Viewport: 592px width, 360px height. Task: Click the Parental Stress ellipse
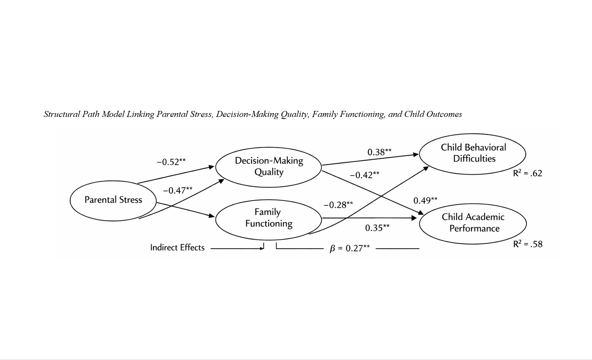pyautogui.click(x=113, y=200)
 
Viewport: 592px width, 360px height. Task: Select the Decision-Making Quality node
pyautogui.click(x=269, y=167)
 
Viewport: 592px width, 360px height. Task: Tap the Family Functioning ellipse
pyautogui.click(x=269, y=218)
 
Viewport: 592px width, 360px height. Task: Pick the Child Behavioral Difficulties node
pyautogui.click(x=472, y=154)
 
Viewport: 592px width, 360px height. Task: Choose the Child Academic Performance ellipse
pyautogui.click(x=473, y=223)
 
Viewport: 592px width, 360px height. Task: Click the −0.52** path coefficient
pyautogui.click(x=171, y=162)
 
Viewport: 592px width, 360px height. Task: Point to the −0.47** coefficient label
pyautogui.click(x=178, y=191)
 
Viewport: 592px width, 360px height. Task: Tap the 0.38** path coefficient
pyautogui.click(x=380, y=152)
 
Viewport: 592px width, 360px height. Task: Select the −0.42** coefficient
pyautogui.click(x=364, y=175)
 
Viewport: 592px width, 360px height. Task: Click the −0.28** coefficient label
pyautogui.click(x=338, y=205)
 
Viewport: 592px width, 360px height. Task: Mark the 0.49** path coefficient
pyautogui.click(x=425, y=201)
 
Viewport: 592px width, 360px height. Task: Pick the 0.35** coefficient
pyautogui.click(x=377, y=228)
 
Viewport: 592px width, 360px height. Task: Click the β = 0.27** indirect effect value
pyautogui.click(x=350, y=249)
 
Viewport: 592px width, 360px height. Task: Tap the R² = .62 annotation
pyautogui.click(x=528, y=173)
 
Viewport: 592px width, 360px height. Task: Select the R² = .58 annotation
pyautogui.click(x=528, y=244)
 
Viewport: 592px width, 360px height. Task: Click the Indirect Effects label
pyautogui.click(x=177, y=248)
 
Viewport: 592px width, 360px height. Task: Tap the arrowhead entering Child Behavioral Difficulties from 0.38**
pyautogui.click(x=416, y=154)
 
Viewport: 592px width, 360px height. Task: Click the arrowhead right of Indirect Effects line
pyautogui.click(x=262, y=248)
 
